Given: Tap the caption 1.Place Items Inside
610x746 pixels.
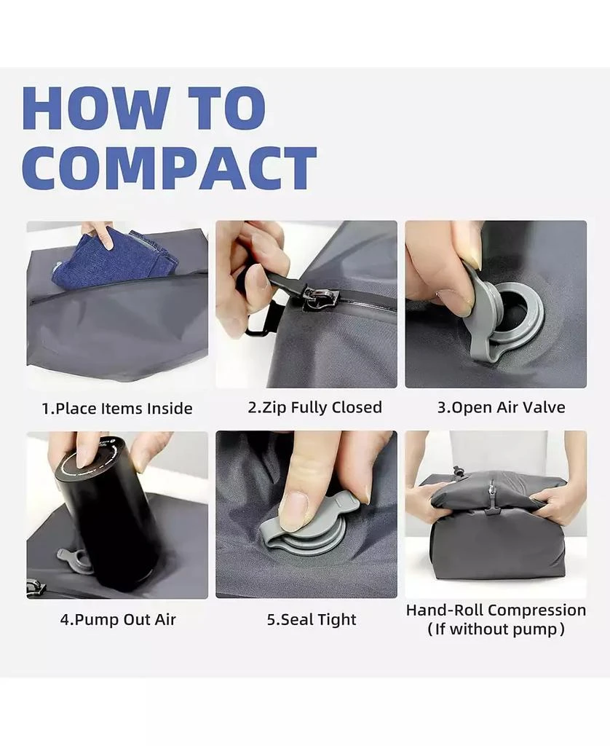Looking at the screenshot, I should coord(116,409).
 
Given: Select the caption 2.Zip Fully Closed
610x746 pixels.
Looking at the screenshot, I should coord(314,407).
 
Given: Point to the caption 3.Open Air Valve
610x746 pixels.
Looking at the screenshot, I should coord(500,407).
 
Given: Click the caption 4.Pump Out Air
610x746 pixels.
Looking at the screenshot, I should coord(117,620).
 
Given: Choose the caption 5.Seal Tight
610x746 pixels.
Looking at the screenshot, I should coord(311,620).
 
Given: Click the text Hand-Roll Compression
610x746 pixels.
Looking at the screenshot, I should coord(496,610).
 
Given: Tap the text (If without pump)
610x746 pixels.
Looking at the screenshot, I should coord(496,629).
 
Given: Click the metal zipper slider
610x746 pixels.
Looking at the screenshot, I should coord(318,297).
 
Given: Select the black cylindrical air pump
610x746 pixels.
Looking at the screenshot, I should coord(107,514).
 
